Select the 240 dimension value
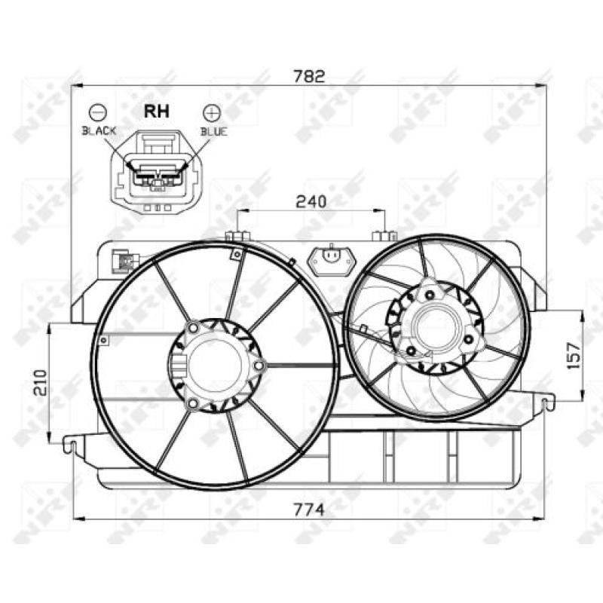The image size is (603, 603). point(310,201)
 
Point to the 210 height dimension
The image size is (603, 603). point(39,383)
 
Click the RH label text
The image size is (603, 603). point(157,111)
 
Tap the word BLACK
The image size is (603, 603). point(99,131)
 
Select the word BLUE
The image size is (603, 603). point(213,131)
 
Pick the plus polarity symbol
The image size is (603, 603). point(212,112)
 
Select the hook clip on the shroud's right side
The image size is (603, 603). point(548,403)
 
